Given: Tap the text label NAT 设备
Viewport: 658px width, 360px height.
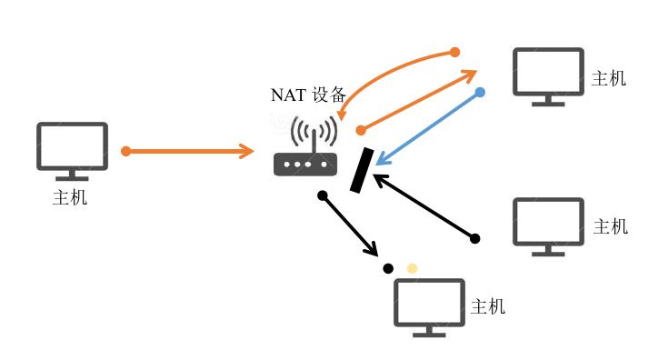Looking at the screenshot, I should click(308, 95).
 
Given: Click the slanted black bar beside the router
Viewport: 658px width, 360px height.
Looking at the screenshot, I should click(361, 170).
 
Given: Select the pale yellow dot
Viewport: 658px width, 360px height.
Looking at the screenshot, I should click(412, 268).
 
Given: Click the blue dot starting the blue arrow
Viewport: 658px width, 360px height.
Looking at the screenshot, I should click(480, 92).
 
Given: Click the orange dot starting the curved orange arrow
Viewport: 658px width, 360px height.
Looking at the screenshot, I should click(455, 52).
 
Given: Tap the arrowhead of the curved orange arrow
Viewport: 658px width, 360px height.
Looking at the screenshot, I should click(340, 115).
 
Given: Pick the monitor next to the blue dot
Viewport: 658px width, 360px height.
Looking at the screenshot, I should click(548, 75).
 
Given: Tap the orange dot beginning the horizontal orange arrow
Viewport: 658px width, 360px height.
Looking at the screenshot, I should click(126, 151).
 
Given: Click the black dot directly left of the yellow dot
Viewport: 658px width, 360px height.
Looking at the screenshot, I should click(388, 268).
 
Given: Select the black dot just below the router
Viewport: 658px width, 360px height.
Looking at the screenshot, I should click(322, 195).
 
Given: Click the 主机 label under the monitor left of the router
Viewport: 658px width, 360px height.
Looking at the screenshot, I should click(70, 196).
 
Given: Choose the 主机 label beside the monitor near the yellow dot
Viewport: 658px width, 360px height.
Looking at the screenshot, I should click(487, 306).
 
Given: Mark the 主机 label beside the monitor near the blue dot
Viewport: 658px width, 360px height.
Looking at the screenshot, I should click(609, 78).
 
